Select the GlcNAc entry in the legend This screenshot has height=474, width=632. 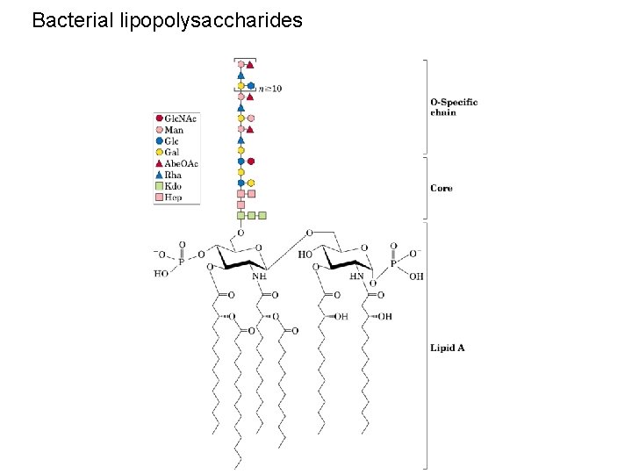[176, 118]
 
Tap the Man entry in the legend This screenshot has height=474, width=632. [172, 130]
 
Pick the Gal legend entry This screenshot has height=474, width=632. [170, 152]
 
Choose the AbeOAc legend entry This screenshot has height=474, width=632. [178, 163]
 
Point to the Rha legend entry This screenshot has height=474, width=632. [171, 175]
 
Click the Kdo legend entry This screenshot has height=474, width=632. [171, 186]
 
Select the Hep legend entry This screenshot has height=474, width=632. [171, 197]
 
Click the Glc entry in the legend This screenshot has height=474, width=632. [170, 140]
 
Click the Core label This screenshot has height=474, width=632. [442, 189]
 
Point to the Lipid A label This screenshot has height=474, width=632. [448, 348]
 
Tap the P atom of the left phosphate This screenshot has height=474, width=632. [183, 261]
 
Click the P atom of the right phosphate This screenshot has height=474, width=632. [393, 262]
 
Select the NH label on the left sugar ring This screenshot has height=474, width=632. [259, 276]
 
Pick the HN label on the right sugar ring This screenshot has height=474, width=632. [357, 276]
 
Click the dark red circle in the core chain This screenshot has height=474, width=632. [251, 162]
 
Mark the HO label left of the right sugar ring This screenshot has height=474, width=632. [305, 255]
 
